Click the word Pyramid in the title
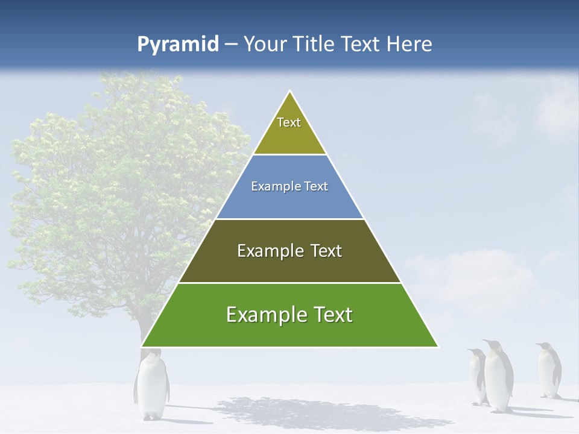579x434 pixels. pos(178,45)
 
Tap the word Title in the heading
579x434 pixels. pos(314,45)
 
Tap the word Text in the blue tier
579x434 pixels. pos(317,186)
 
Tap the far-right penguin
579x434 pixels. pos(548,370)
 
